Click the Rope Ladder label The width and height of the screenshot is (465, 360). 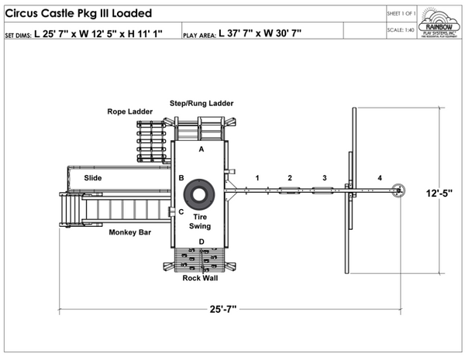(129, 111)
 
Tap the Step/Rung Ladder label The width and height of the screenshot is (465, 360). (201, 103)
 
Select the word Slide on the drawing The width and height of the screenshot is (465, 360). (93, 178)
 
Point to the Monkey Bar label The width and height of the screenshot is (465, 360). (129, 231)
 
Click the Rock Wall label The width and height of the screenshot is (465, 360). (201, 277)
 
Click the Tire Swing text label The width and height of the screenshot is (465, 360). (201, 221)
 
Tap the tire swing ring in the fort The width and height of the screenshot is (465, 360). (201, 194)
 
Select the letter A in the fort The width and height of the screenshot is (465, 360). (201, 148)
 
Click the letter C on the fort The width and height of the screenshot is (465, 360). (181, 211)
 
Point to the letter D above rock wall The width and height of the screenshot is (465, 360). (201, 242)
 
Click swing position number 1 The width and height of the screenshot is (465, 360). (257, 178)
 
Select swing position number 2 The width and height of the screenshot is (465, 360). (290, 178)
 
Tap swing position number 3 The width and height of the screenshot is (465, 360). (325, 178)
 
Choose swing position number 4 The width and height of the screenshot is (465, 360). (380, 178)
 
